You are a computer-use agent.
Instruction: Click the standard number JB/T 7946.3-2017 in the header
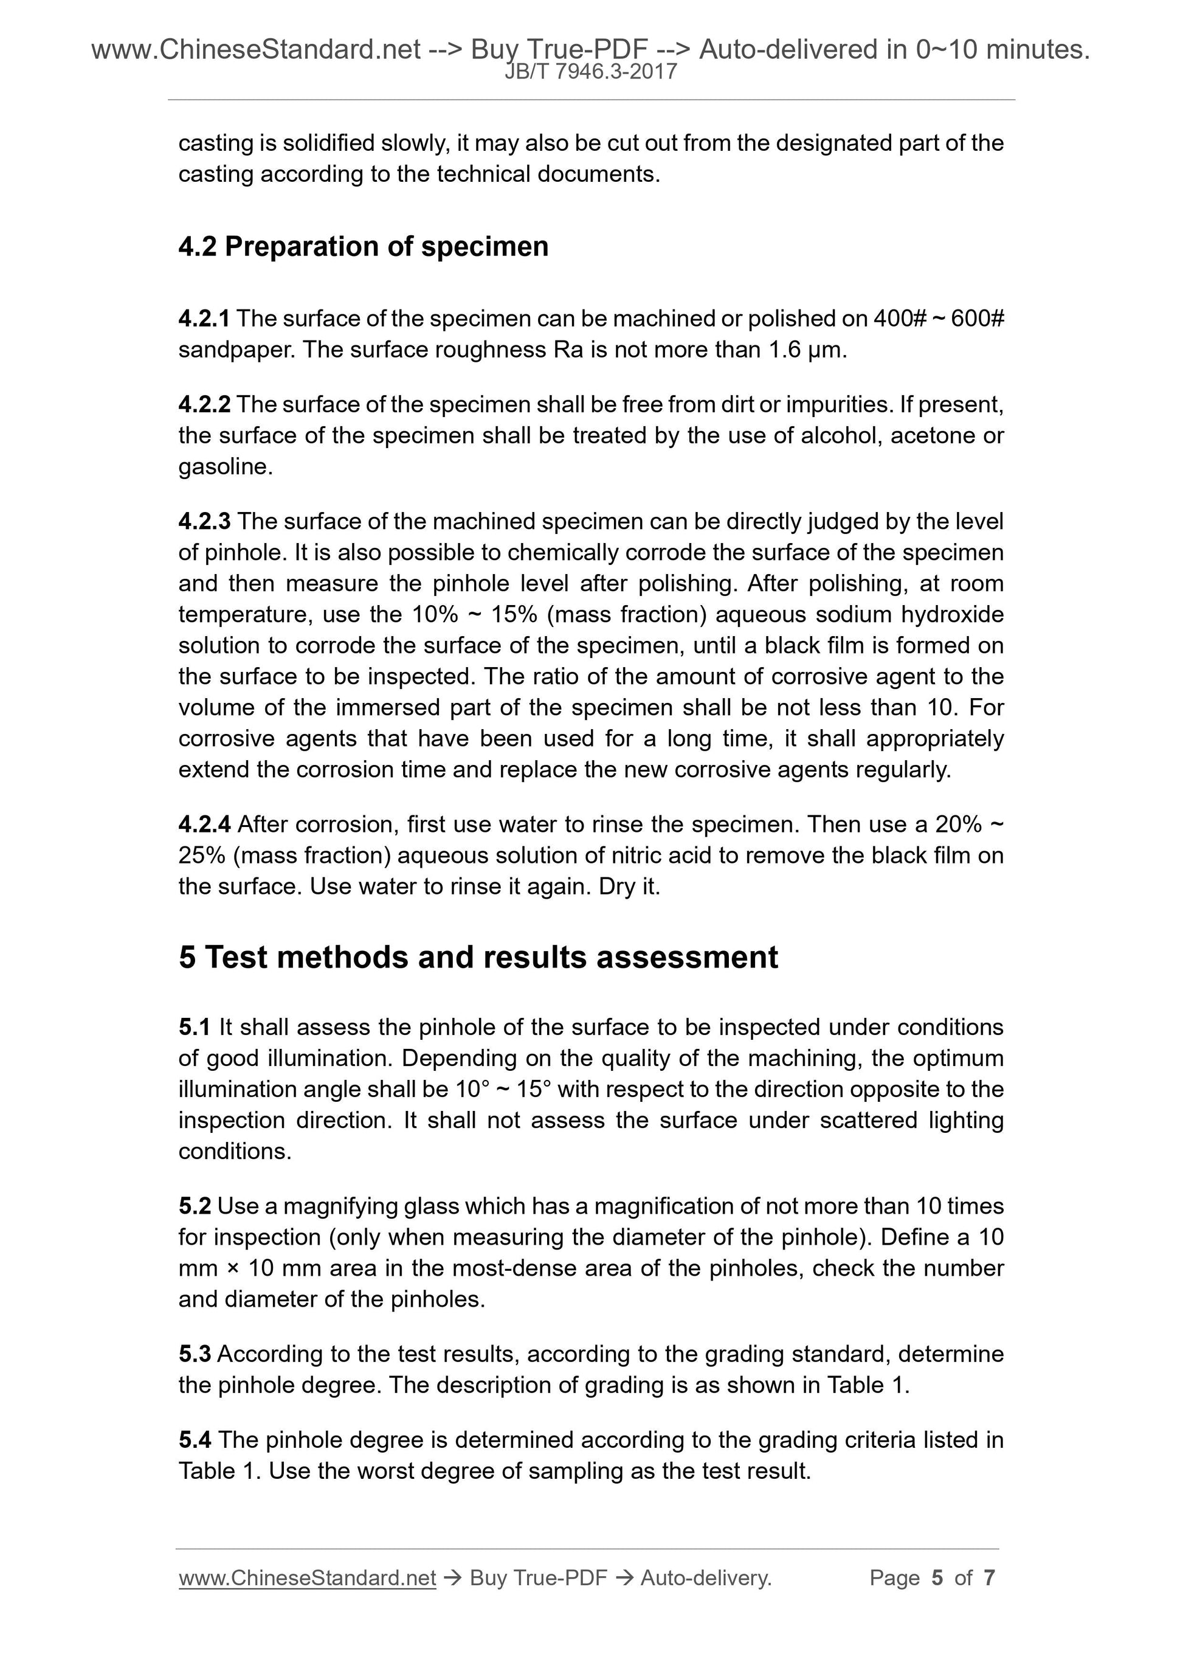591,72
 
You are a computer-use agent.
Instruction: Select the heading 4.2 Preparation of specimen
363,246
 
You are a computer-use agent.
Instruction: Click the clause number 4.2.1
204,319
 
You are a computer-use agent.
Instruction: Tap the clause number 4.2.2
204,404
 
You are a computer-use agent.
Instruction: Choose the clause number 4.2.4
204,825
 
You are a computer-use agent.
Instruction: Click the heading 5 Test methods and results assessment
478,957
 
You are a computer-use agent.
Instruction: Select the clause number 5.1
195,1027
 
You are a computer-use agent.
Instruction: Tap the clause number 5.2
195,1206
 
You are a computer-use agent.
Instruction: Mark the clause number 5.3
195,1354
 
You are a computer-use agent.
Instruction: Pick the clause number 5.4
195,1440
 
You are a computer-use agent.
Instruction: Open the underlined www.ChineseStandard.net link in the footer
307,1578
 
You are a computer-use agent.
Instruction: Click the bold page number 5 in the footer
937,1578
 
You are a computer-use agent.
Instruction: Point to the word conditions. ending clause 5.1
235,1151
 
